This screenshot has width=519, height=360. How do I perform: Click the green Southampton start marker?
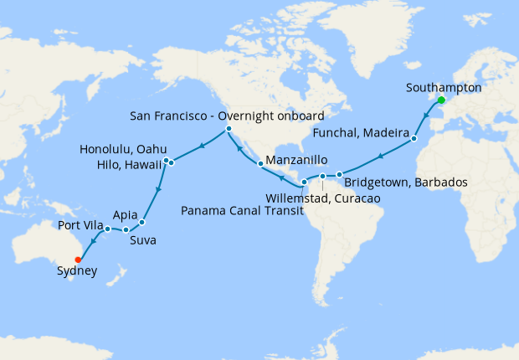click(x=441, y=100)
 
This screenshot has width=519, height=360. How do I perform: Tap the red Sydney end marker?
click(x=79, y=260)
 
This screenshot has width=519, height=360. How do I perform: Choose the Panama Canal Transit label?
click(x=239, y=210)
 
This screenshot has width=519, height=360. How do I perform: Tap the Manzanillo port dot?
click(x=260, y=163)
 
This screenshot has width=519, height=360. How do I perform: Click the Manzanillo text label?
click(x=297, y=160)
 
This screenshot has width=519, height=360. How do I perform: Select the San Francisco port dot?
click(x=229, y=129)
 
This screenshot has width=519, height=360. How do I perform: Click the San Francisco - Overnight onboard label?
click(x=227, y=114)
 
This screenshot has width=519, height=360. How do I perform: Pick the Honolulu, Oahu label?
click(x=123, y=149)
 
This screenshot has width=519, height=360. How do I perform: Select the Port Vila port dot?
click(x=108, y=229)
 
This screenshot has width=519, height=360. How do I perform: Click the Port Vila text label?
click(x=81, y=225)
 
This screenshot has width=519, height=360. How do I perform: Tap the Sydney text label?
click(x=76, y=271)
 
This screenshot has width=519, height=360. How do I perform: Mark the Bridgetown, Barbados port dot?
click(x=339, y=175)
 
